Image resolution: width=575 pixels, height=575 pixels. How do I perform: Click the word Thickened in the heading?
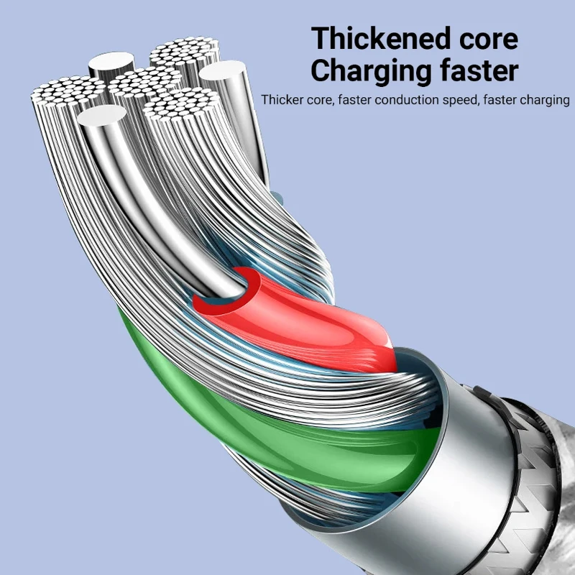382,38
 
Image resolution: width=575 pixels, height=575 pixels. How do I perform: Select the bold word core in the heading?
484,38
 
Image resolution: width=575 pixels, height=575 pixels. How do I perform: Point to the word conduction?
398,100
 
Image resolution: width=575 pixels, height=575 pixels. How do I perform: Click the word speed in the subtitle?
458,101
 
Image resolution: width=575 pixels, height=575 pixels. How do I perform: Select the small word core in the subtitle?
317,100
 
